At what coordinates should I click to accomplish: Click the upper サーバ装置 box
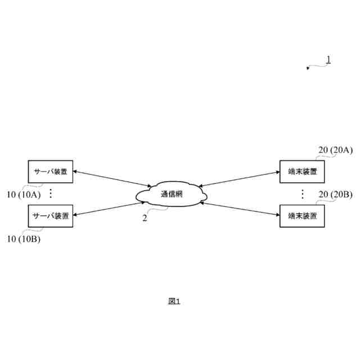tap(51, 172)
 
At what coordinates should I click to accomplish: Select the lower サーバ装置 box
tap(51, 215)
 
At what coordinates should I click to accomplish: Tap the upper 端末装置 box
tap(302, 172)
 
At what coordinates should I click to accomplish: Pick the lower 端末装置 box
tap(302, 215)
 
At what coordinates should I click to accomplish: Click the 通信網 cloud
tap(172, 195)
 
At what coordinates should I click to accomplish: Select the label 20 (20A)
tap(335, 150)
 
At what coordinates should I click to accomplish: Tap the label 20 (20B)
tap(335, 195)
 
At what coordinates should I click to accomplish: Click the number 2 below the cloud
tap(145, 218)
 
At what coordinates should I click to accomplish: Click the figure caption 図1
tap(174, 301)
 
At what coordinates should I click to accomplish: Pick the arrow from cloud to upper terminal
tap(239, 178)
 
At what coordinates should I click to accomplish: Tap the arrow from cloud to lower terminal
tap(239, 208)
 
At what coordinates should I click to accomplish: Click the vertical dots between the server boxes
tap(50, 193)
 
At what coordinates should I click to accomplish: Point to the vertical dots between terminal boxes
tap(302, 193)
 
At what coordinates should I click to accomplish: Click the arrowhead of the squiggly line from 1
tap(308, 68)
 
